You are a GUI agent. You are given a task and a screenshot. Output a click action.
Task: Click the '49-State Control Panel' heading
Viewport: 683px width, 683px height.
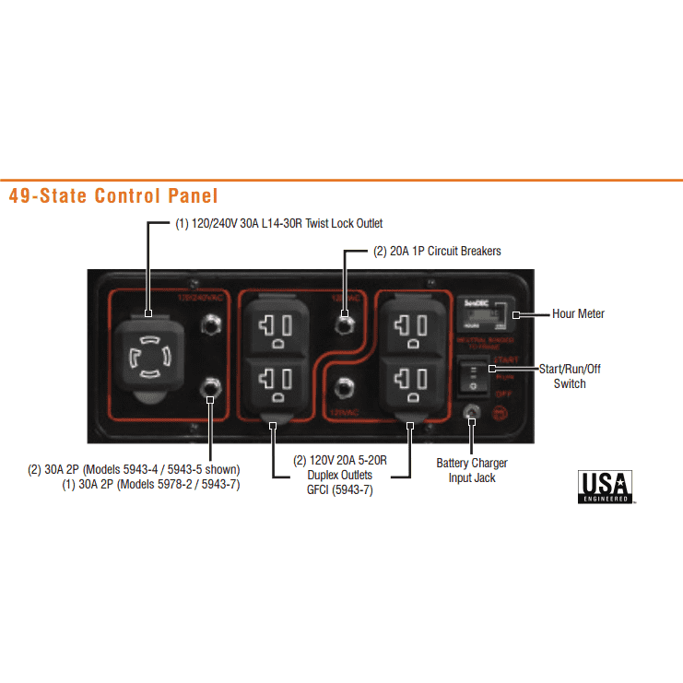[x=112, y=195]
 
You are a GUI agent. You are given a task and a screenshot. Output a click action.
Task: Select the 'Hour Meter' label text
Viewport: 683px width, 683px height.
[x=578, y=314]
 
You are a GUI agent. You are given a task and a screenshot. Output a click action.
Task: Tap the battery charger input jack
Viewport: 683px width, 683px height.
[x=471, y=415]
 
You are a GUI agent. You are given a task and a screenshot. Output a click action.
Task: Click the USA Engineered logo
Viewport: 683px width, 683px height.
[x=605, y=486]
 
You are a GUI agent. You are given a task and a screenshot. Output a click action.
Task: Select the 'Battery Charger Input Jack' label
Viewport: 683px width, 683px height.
[x=472, y=470]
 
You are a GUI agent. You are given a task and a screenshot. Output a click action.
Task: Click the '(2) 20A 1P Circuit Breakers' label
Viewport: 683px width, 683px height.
[x=437, y=251]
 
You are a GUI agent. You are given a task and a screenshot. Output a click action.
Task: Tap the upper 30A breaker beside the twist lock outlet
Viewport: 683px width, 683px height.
[x=211, y=324]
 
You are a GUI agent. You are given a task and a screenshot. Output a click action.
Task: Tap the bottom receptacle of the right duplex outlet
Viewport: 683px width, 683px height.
[x=408, y=380]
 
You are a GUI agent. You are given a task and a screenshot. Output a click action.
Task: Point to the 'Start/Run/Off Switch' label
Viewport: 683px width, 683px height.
[x=570, y=376]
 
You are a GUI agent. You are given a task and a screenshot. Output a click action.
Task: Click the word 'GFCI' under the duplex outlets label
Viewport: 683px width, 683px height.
[x=319, y=489]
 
